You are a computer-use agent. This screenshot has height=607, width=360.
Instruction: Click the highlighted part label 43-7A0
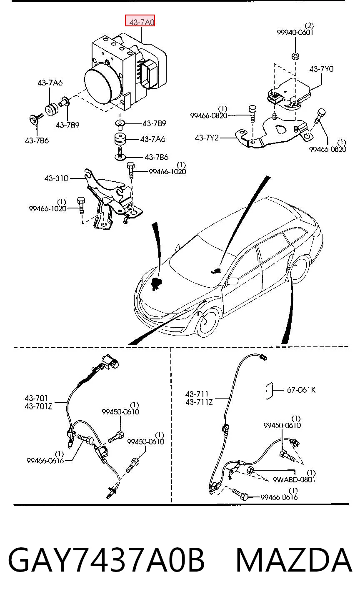coord(140,21)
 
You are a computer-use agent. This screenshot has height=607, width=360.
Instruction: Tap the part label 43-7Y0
coord(321,69)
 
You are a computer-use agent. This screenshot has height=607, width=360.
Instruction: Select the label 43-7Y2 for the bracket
coord(207,138)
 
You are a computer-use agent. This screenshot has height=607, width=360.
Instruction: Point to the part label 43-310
coord(56,178)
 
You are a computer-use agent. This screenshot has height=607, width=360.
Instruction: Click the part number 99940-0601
coord(295,33)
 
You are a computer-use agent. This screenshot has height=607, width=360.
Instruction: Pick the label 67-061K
coord(301,390)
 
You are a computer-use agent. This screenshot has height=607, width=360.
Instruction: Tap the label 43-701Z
coord(38,406)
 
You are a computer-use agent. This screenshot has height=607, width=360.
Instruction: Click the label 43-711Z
coord(199,402)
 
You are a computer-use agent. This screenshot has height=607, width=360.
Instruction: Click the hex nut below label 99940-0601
coord(295,56)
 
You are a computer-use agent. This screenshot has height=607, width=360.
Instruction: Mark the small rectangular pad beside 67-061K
coord(269,391)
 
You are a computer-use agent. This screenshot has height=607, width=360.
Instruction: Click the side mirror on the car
coord(231,281)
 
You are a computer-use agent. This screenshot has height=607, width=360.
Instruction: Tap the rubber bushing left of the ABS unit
coord(51,109)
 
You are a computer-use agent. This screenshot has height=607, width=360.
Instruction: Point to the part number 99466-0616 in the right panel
coord(279,497)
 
